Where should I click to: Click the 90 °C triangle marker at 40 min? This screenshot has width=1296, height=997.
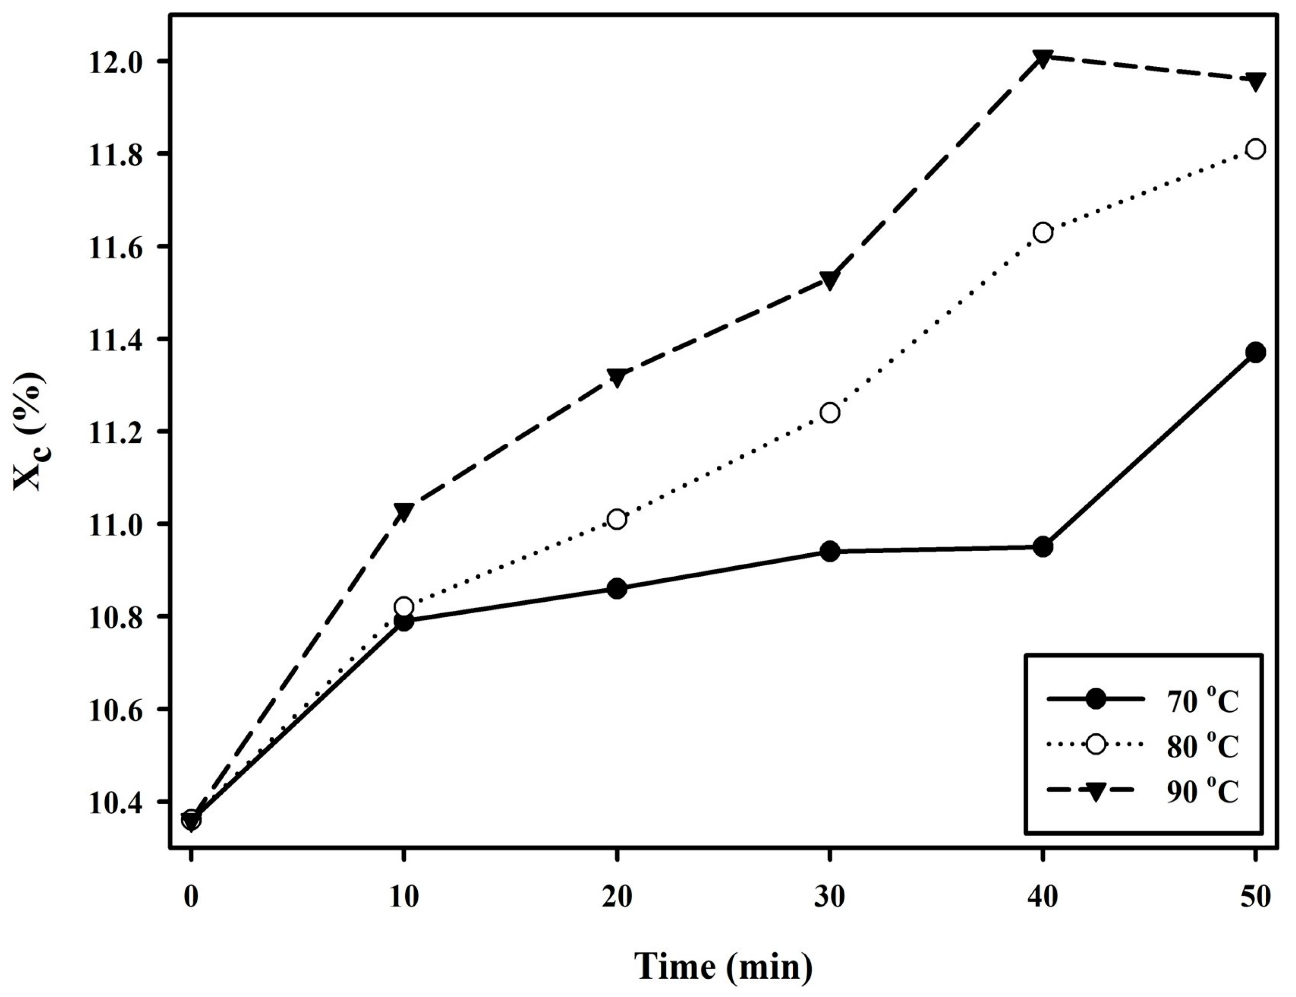(x=1042, y=58)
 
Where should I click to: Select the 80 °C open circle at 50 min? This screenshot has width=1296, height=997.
(x=1255, y=149)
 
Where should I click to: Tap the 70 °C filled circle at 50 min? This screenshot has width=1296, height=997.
(x=1255, y=352)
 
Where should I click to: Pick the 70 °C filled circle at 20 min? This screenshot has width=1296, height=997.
(x=617, y=589)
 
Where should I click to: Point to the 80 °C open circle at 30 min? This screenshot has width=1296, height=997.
(x=830, y=413)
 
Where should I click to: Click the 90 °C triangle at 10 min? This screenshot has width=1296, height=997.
(x=403, y=511)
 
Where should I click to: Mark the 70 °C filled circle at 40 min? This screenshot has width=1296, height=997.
(x=1042, y=547)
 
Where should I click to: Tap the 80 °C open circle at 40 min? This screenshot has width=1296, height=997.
(x=1042, y=232)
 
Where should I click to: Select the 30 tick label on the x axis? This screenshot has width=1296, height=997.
(x=830, y=896)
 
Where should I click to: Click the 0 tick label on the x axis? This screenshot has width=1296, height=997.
(x=191, y=896)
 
